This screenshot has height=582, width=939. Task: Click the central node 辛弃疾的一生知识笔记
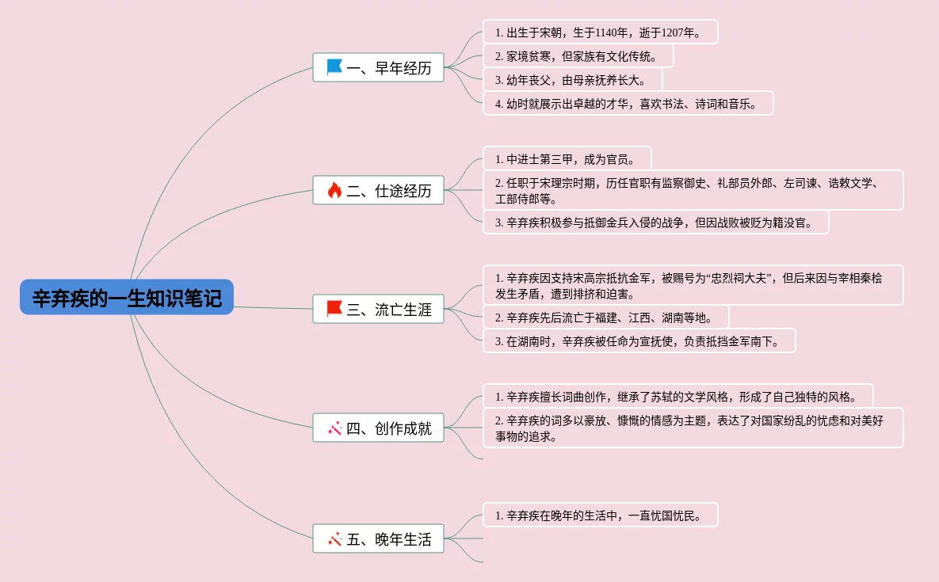(x=127, y=298)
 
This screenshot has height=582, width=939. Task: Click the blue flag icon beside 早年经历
(x=334, y=68)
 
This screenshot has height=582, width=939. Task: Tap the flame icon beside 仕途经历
(x=334, y=190)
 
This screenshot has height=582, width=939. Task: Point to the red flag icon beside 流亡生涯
(x=334, y=309)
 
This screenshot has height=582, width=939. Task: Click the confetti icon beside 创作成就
(x=334, y=428)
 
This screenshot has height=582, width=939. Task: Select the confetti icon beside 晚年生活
(x=334, y=539)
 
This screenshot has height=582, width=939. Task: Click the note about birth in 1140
(x=600, y=32)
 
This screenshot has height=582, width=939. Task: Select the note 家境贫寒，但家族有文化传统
(x=578, y=56)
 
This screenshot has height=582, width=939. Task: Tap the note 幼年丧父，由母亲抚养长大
(x=572, y=80)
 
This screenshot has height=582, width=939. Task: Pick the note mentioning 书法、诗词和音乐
(x=628, y=104)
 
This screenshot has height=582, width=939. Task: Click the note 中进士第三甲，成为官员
(x=567, y=159)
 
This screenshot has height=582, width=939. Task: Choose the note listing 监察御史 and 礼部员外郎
(x=693, y=190)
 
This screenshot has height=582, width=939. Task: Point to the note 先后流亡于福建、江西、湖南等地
(x=605, y=318)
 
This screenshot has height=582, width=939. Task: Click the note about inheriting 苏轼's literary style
(x=678, y=396)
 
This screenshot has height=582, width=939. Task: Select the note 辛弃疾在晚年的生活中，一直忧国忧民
(x=600, y=515)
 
